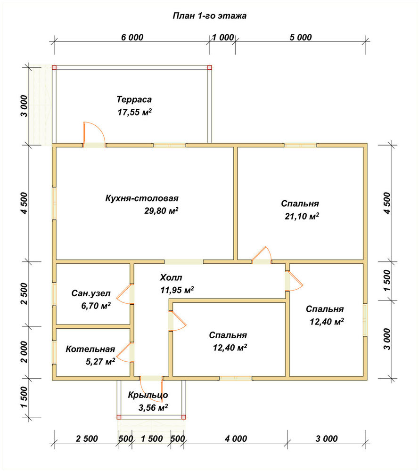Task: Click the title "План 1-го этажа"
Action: point(209,16)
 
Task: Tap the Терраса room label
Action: point(134,99)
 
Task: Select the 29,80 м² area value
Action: point(161,211)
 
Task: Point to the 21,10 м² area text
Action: point(302,216)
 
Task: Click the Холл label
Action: point(171,277)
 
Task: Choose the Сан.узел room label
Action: point(91,293)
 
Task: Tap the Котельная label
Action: point(90,349)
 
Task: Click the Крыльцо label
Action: point(148,395)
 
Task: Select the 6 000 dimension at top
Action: point(132,38)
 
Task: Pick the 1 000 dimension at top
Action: point(223,38)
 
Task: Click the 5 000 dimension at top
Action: point(301,38)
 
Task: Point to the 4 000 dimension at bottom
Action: point(236,439)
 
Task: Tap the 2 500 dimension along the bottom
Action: point(87,439)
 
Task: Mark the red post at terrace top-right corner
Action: point(209,67)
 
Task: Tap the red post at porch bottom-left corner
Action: point(119,417)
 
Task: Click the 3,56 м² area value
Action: point(153,407)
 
